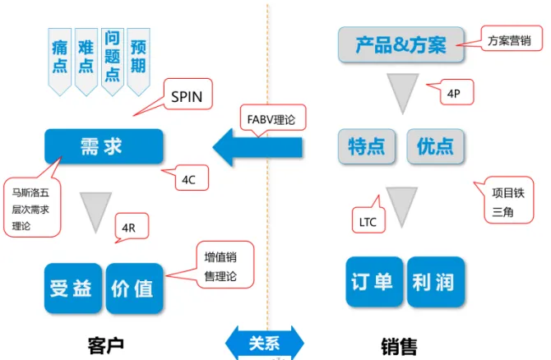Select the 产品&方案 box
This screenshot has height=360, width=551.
401,45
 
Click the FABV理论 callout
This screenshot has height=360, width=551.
271,119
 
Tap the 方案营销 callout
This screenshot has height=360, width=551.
509,39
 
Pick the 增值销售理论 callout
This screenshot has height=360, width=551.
220,267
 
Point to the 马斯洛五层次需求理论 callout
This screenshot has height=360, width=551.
31,209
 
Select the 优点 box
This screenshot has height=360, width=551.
435,147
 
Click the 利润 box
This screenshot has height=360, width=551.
435,282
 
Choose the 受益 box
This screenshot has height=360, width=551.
72,288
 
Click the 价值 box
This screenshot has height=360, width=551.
135,288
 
